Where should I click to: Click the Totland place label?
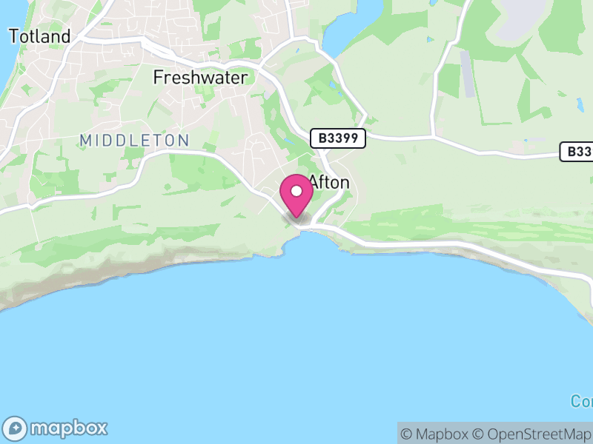39,36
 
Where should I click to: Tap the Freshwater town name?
200,77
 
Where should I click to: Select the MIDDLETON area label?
134,140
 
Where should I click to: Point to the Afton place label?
329,182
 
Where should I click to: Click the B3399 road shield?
338,138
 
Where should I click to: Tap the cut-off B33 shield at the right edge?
577,152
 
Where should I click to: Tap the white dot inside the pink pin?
296,191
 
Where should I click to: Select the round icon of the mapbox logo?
16,428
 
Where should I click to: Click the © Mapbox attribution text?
435,434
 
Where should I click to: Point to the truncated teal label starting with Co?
582,401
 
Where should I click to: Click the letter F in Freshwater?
158,77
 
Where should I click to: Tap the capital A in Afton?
314,182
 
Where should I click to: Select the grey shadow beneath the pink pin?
296,218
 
